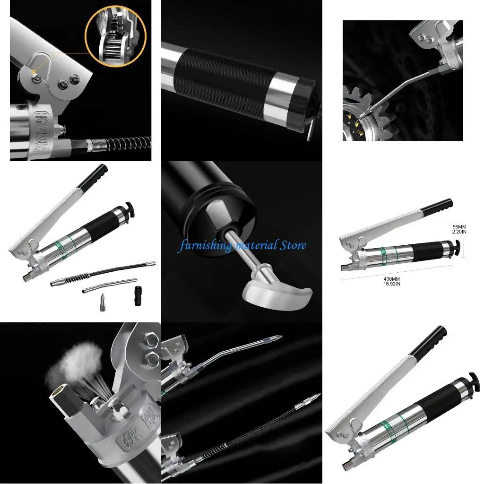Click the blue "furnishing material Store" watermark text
(x=242, y=245)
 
